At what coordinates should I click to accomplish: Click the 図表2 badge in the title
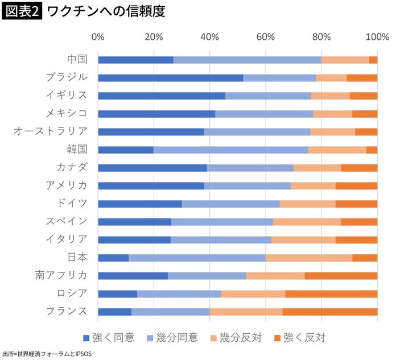[22, 11]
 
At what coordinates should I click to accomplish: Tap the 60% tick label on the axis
[266, 38]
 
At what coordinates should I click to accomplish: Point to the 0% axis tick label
[98, 38]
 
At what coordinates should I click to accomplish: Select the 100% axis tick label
[377, 38]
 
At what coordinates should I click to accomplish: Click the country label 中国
[77, 59]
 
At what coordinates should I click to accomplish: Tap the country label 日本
[77, 258]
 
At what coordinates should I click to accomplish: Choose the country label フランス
[67, 311]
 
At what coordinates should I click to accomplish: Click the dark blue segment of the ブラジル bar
[170, 78]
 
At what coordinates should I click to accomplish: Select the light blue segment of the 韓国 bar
[230, 150]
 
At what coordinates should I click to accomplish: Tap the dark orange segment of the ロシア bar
[331, 293]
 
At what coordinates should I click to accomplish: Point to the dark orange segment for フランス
[329, 312]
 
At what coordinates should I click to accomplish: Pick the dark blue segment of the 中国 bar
[135, 60]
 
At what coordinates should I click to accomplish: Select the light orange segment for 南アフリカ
[275, 276]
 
